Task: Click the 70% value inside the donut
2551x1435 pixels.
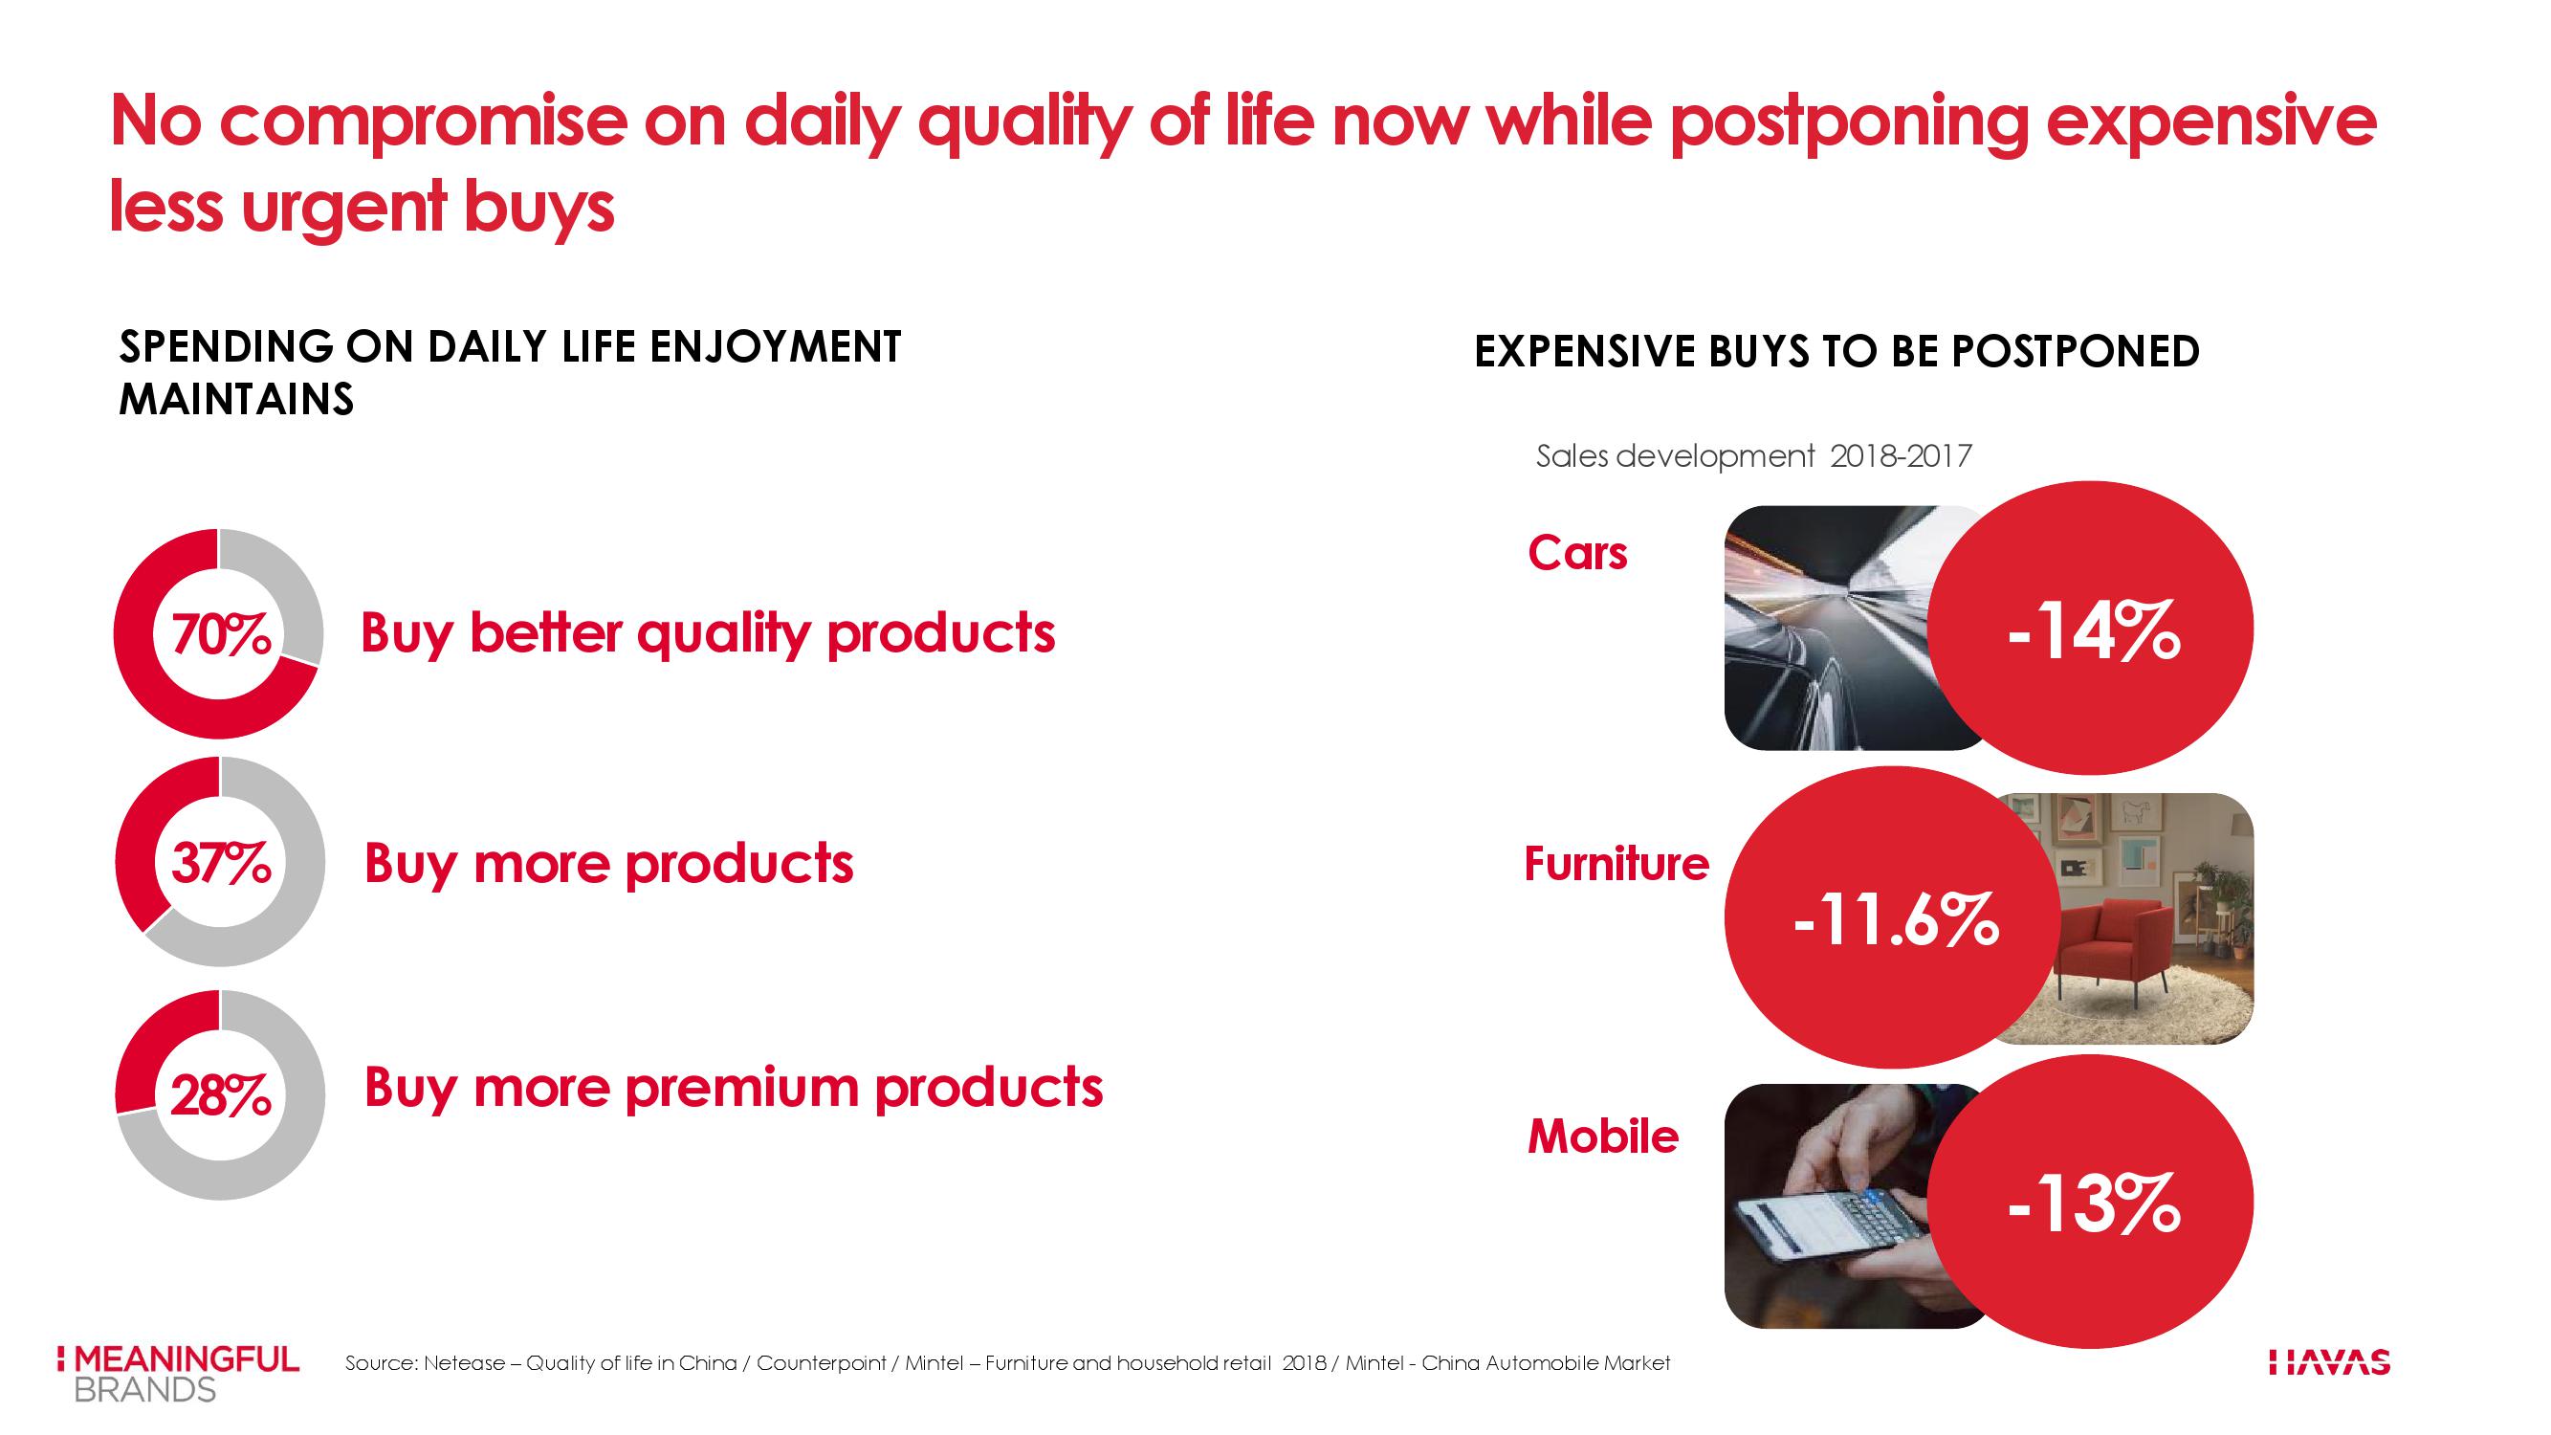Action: (221, 635)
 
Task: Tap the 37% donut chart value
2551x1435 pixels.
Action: (221, 863)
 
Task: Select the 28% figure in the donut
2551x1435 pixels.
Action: (221, 1096)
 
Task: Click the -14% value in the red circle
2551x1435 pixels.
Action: (2094, 629)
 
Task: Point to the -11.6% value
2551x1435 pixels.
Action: (1896, 920)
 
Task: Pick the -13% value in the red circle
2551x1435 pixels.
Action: (2094, 1203)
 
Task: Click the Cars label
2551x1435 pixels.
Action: (1577, 553)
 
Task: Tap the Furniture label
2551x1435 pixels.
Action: (1616, 864)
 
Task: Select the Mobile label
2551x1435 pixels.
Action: (1603, 1136)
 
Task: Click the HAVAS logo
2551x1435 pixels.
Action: (2329, 1362)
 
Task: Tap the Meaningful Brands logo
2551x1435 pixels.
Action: (179, 1374)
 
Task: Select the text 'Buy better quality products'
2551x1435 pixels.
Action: (708, 634)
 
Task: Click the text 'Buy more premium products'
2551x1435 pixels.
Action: (734, 1089)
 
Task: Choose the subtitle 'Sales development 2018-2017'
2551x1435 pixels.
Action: (1754, 456)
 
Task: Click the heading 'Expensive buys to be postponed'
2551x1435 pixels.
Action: (1837, 351)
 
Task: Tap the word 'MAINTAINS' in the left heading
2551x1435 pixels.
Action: (235, 399)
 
